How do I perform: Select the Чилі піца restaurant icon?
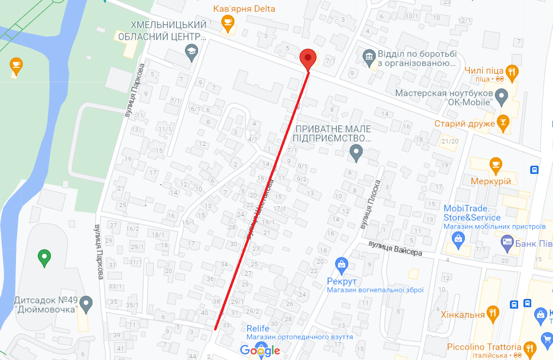(x=512, y=72)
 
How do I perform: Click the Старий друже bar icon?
(x=503, y=123)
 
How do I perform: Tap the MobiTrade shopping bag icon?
(x=458, y=238)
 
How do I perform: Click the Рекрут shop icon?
(x=341, y=265)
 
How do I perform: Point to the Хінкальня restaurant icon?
(x=493, y=314)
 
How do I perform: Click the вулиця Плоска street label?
(x=370, y=204)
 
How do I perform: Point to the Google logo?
(x=260, y=350)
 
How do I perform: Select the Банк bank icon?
(x=507, y=243)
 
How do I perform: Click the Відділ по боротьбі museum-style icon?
(x=369, y=57)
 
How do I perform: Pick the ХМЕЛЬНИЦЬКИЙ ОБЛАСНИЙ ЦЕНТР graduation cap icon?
(x=191, y=52)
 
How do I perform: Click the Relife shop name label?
(x=258, y=329)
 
